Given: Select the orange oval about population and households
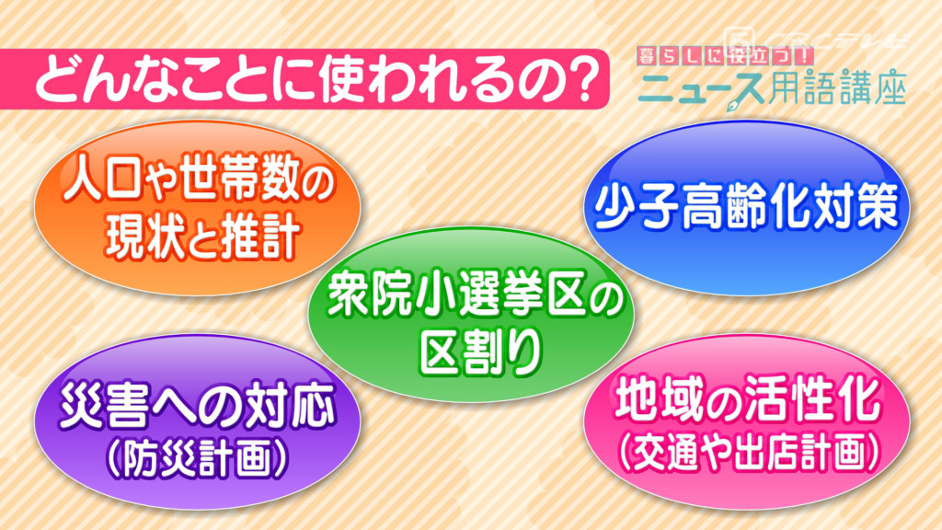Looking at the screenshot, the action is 197,207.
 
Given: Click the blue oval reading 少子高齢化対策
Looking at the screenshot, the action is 747,207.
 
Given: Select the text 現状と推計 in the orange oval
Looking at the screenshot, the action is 202,238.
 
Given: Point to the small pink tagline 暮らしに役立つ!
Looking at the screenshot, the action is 725,56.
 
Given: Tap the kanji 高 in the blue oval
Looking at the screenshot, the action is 697,206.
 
